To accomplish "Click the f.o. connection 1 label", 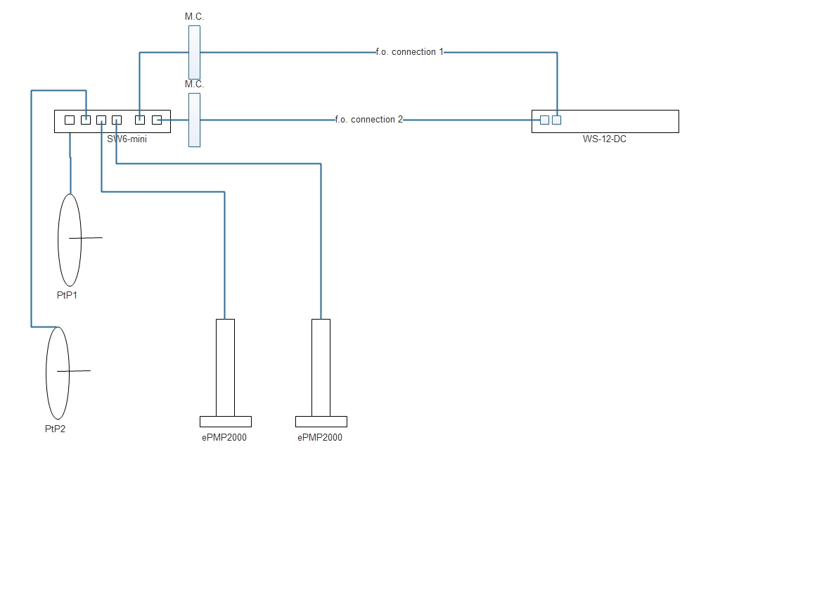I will [410, 52].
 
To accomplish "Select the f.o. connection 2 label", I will [369, 120].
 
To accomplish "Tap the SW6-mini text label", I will [127, 139].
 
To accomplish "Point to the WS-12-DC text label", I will [604, 139].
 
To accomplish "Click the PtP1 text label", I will [67, 295].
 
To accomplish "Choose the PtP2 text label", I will [55, 429].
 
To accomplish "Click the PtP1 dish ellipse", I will [69, 239].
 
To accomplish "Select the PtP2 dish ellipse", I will [57, 373].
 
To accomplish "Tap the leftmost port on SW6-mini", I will [70, 120].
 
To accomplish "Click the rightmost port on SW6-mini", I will [157, 120].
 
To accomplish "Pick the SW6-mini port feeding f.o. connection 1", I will [140, 120].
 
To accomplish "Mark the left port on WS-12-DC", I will [544, 120].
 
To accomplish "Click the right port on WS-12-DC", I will [557, 120].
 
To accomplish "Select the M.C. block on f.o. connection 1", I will [194, 53].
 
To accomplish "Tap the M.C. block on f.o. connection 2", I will [194, 120].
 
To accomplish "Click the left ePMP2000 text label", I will [224, 437].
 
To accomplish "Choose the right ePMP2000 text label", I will [320, 437].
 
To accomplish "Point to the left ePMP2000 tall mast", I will [225, 367].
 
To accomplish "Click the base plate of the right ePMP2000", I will [321, 422].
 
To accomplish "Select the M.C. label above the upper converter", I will [194, 16].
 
